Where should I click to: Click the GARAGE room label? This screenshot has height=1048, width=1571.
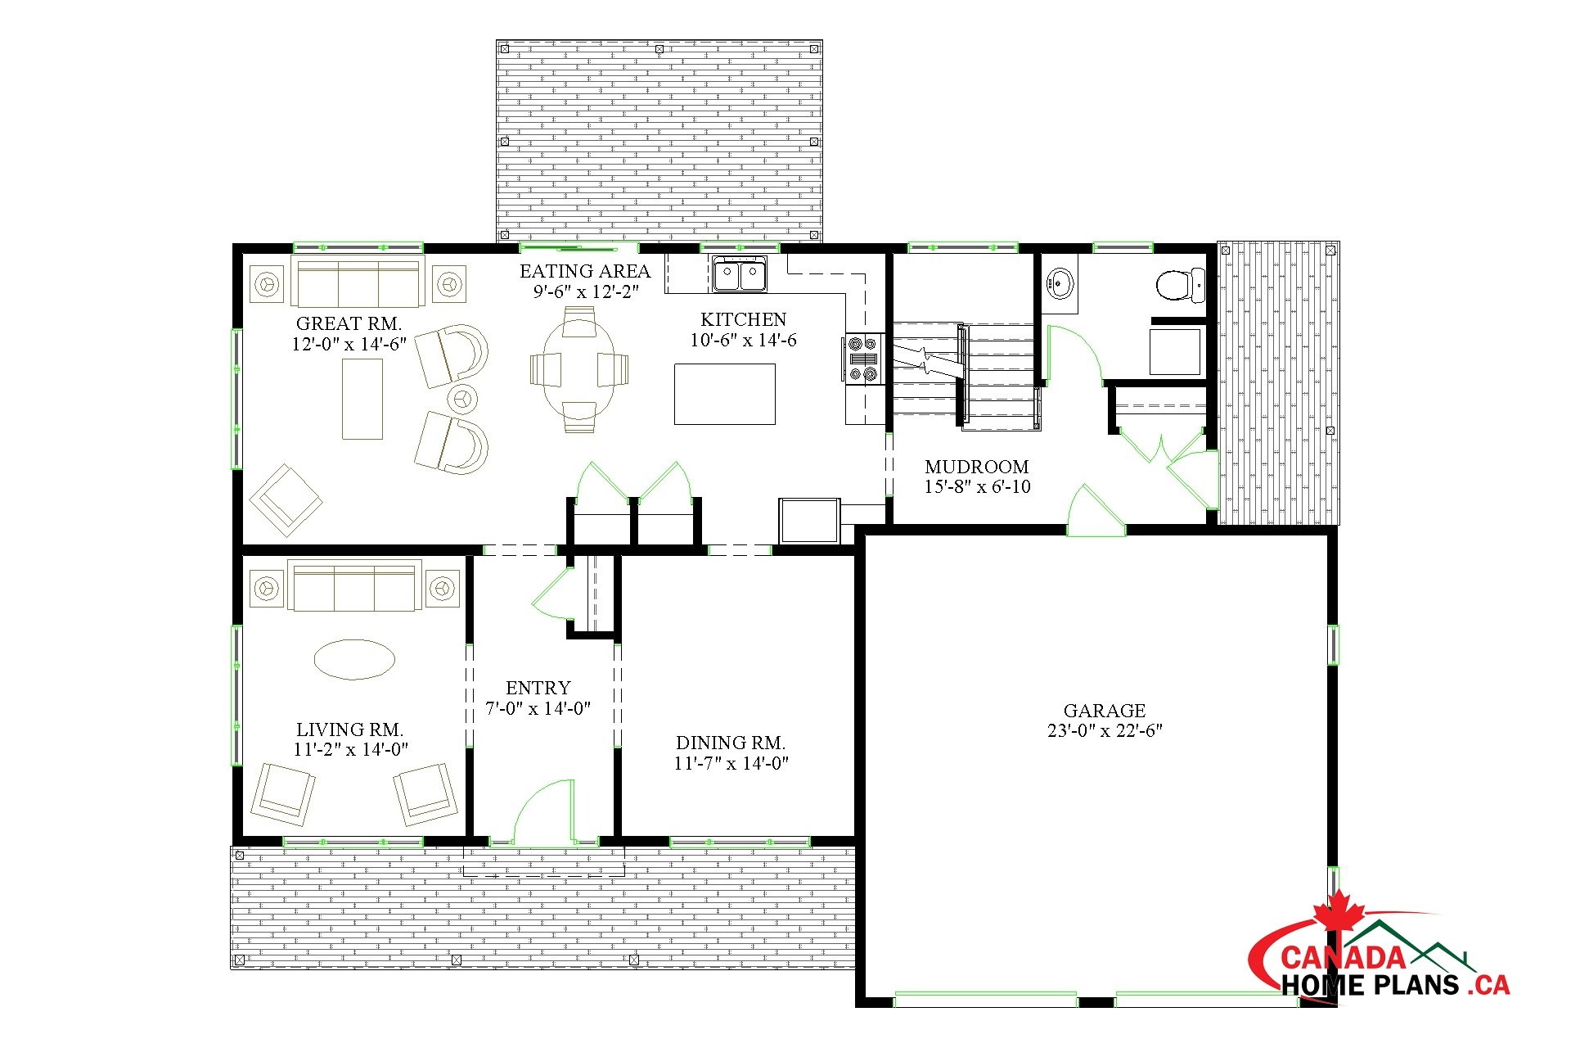(1105, 711)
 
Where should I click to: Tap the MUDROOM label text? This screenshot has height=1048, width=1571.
(977, 467)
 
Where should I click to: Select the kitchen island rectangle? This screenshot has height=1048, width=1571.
(724, 394)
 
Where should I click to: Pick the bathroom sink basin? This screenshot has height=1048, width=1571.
(1059, 283)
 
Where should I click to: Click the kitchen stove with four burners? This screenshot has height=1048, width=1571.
(864, 359)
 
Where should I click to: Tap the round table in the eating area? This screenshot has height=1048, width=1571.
(579, 369)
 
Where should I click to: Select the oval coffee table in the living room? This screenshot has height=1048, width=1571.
(354, 659)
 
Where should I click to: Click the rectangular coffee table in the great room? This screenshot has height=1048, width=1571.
(362, 400)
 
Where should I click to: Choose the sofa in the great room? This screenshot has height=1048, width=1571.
(358, 281)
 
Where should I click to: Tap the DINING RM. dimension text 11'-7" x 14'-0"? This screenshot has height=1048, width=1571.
(731, 763)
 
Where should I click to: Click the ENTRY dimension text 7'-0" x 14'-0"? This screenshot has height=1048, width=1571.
(538, 708)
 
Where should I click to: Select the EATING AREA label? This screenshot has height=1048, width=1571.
(585, 271)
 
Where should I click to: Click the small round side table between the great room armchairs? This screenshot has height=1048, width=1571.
(463, 399)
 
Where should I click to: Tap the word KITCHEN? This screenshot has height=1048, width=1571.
(743, 319)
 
